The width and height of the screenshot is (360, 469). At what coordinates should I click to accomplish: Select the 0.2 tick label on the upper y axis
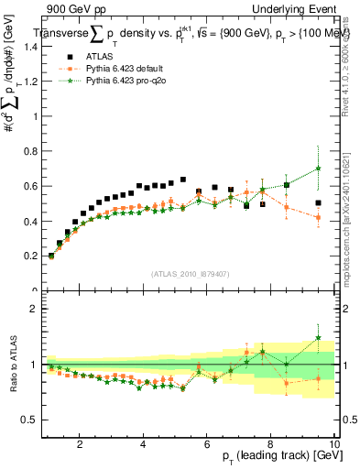click(x=30, y=256)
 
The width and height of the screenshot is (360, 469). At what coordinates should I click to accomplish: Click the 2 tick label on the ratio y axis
click(x=33, y=309)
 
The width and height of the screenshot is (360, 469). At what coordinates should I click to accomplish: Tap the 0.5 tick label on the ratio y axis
click(x=30, y=420)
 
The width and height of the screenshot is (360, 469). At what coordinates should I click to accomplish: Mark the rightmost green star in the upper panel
click(x=318, y=169)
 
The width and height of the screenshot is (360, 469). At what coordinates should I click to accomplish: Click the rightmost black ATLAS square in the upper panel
click(x=318, y=203)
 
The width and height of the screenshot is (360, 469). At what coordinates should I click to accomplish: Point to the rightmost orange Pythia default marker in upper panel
click(x=318, y=218)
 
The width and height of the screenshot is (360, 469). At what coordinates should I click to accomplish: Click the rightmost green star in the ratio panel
click(x=318, y=338)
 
